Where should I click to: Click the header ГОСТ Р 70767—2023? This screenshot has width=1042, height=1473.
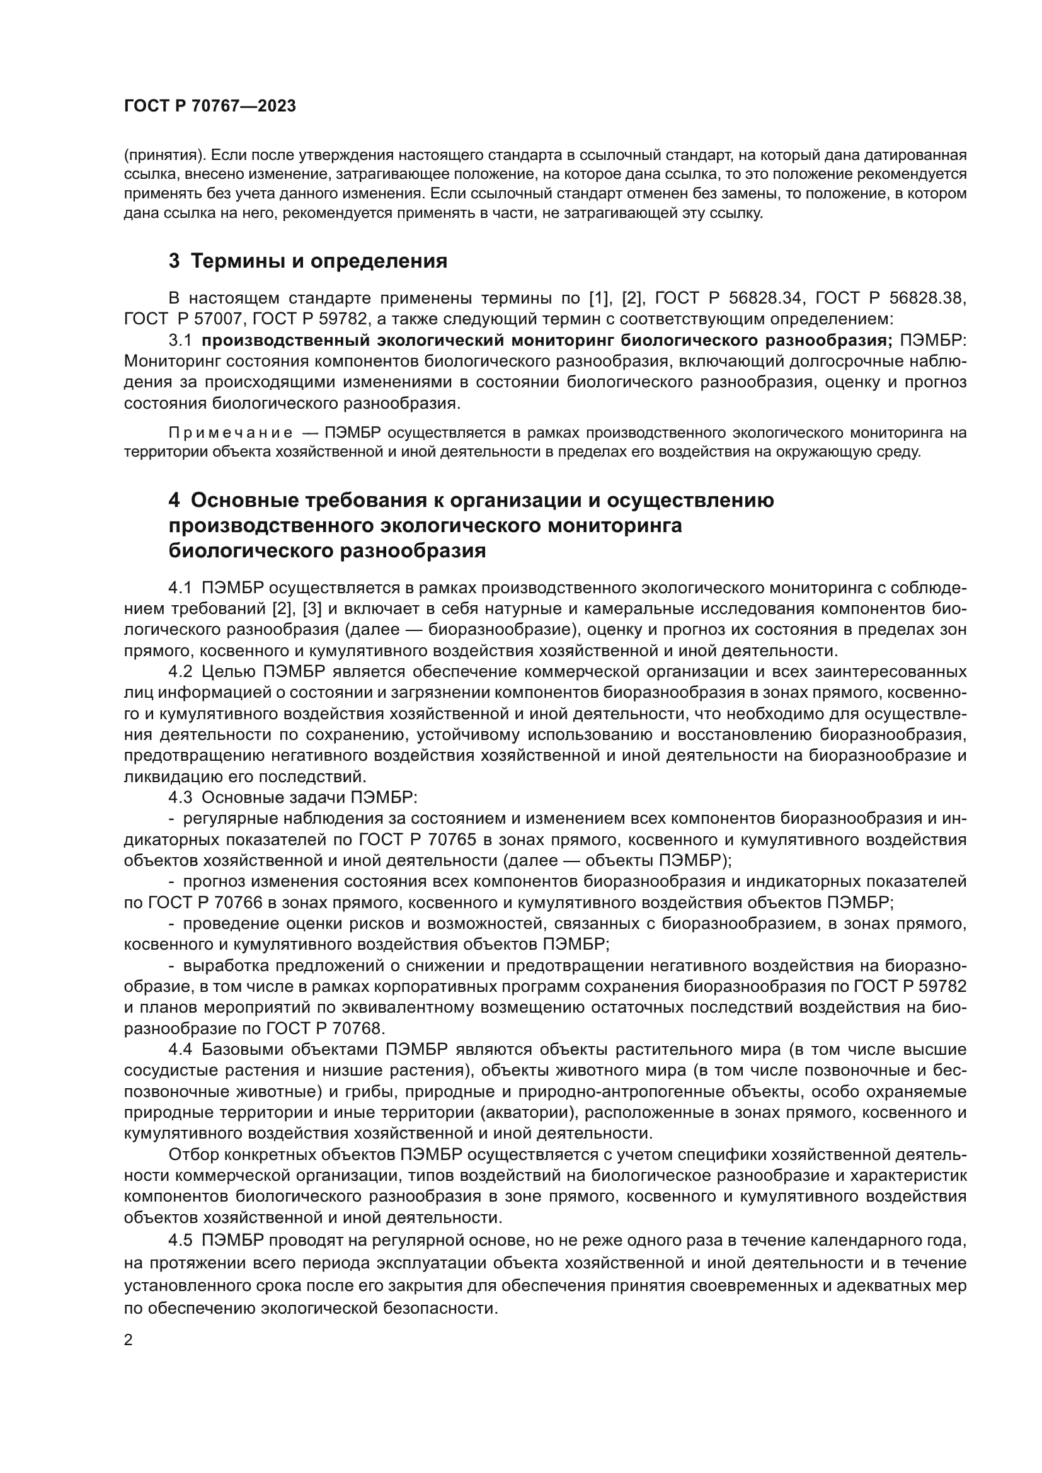(210, 106)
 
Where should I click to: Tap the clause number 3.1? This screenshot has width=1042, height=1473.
(180, 340)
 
